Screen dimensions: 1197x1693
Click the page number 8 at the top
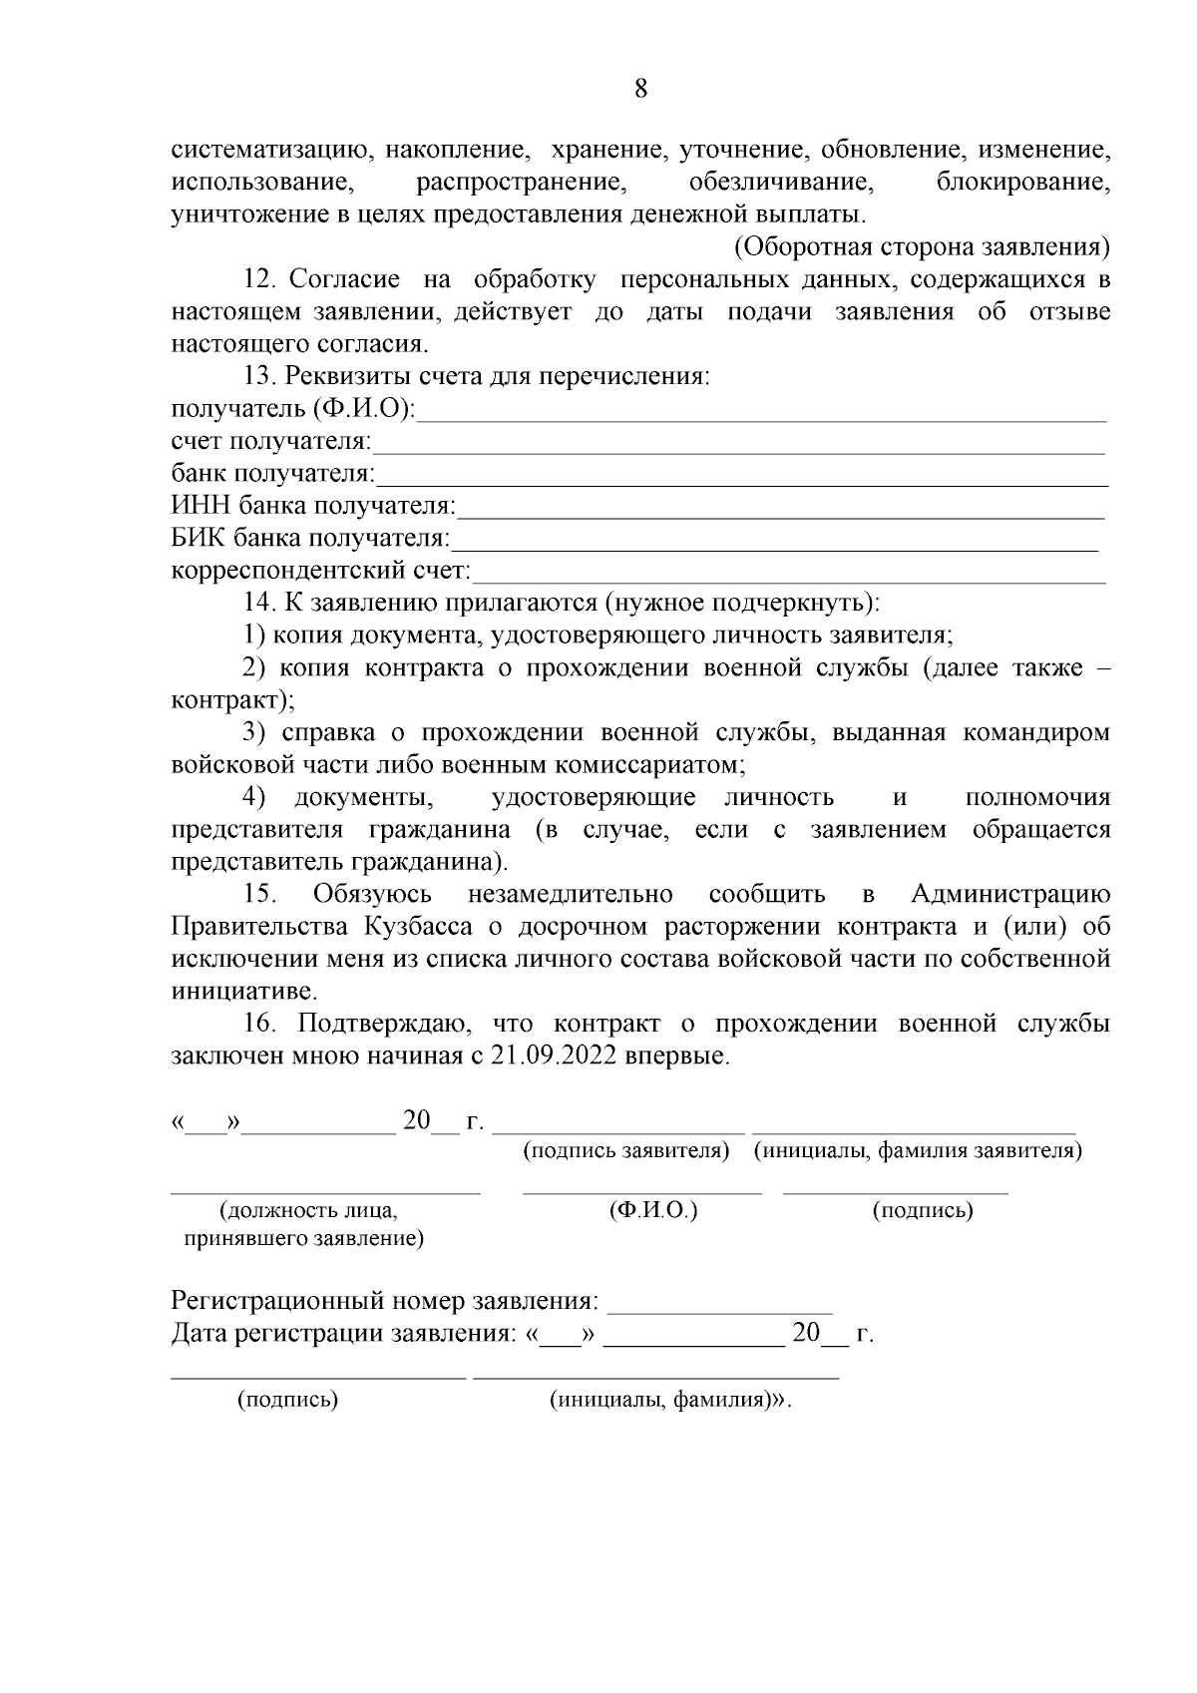pos(640,89)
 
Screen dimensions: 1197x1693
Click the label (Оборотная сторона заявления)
pos(923,247)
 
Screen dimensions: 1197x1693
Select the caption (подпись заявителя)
pos(626,1150)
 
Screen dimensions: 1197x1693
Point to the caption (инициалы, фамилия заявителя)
pos(918,1150)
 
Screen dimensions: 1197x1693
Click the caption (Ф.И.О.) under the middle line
pos(652,1210)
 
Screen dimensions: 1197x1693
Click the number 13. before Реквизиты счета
pos(260,377)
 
